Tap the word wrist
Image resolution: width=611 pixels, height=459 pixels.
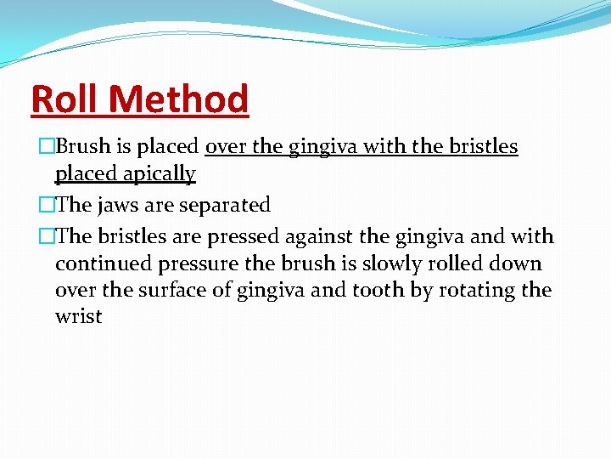click(78, 317)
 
